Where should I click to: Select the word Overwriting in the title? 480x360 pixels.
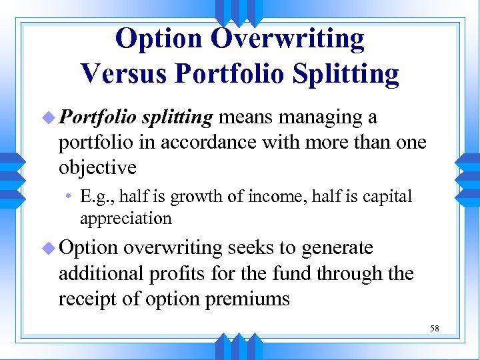point(287,39)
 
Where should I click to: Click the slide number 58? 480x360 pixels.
point(434,329)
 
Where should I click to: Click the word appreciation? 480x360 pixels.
point(125,219)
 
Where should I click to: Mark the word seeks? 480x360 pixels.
point(251,248)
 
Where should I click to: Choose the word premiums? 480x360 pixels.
point(247,299)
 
